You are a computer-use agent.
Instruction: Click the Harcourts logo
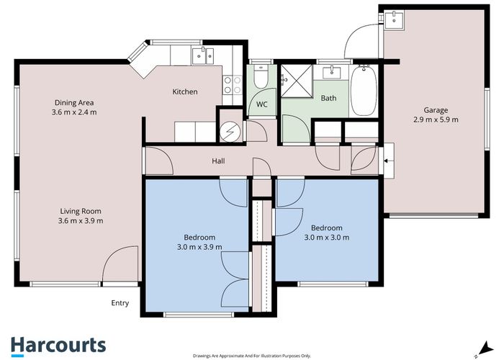[58, 345]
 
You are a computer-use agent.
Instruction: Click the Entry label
[120, 303]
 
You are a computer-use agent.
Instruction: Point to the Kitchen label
[184, 92]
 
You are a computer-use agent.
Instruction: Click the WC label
[262, 104]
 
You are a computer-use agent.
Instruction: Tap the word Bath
[328, 98]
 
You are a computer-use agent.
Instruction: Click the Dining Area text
[74, 102]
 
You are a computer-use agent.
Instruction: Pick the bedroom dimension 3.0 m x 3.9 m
[199, 247]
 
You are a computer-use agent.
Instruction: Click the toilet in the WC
[262, 76]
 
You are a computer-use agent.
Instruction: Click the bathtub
[364, 91]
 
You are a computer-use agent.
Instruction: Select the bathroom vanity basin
[333, 72]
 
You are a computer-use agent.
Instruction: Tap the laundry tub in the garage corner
[394, 19]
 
